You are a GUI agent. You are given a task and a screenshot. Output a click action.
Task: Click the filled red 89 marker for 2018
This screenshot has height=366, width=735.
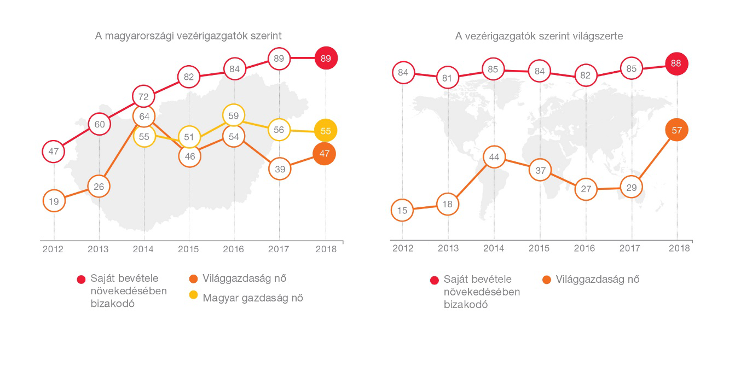click(x=326, y=58)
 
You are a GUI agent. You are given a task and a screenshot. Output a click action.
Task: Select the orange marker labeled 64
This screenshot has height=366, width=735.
click(x=144, y=116)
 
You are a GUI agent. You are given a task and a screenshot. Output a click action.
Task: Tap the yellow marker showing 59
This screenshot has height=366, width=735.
click(x=234, y=115)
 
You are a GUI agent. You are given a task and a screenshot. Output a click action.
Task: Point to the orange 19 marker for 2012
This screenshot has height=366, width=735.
click(x=54, y=201)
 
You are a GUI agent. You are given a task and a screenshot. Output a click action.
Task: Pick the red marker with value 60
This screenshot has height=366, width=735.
click(x=100, y=124)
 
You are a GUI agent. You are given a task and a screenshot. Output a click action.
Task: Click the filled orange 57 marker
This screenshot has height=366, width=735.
click(x=676, y=130)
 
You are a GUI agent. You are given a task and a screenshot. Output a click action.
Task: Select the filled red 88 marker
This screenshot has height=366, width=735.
click(x=676, y=63)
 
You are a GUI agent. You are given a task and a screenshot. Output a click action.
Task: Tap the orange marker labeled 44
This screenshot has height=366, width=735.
click(x=494, y=158)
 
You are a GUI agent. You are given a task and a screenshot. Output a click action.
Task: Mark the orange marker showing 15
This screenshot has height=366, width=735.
click(x=402, y=210)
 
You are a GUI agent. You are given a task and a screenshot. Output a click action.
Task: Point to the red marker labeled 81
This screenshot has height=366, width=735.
click(x=448, y=78)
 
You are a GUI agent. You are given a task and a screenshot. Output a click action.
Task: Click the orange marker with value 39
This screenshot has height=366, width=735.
click(x=280, y=170)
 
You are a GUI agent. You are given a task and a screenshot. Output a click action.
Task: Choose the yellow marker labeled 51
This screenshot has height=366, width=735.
click(x=189, y=137)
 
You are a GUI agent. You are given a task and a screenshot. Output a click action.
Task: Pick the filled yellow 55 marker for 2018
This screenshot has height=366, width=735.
click(x=326, y=131)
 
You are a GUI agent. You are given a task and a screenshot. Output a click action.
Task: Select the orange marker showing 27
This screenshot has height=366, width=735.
click(x=586, y=189)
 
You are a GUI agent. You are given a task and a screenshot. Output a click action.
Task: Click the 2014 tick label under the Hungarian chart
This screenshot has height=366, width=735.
click(x=144, y=249)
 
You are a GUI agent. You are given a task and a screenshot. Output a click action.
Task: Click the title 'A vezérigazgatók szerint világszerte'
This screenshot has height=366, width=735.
click(x=539, y=36)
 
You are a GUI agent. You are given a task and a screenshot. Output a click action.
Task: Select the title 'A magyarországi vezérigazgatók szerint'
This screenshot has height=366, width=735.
click(x=189, y=36)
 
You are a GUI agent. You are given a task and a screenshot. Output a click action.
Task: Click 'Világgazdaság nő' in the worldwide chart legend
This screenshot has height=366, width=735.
click(x=598, y=280)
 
